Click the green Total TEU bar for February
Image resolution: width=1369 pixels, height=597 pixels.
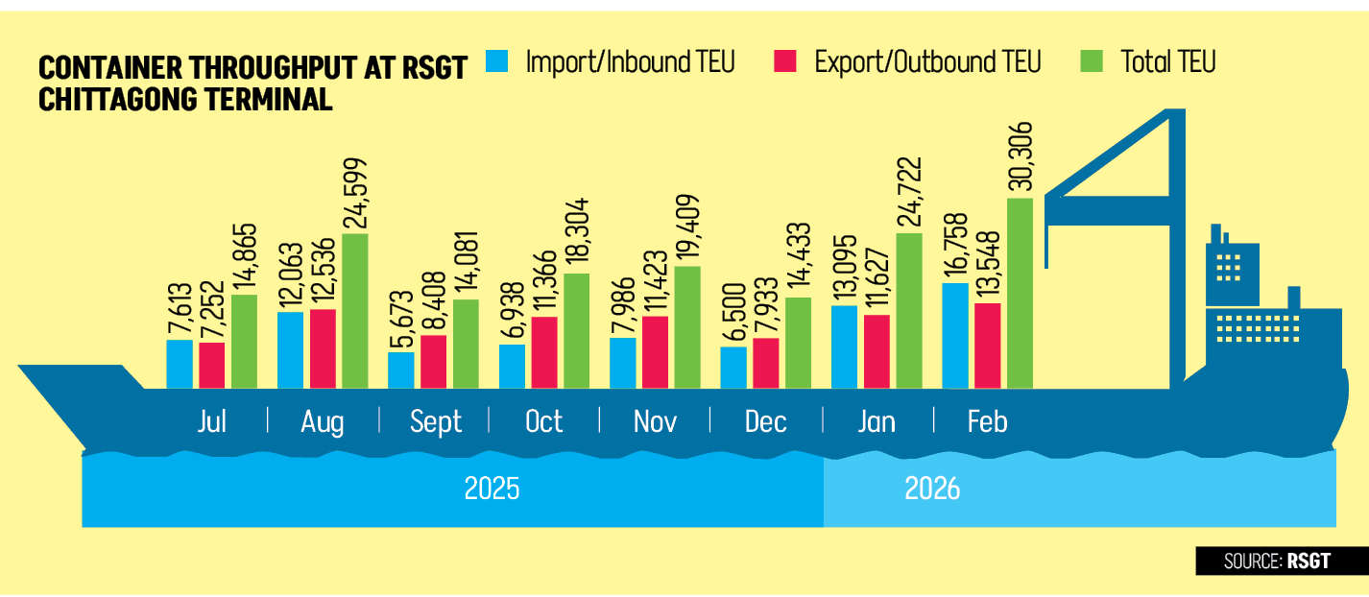click(1019, 294)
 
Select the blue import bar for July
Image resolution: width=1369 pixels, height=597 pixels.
click(180, 365)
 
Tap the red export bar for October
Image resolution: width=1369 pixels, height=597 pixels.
click(544, 352)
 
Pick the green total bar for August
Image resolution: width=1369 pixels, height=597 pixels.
click(354, 311)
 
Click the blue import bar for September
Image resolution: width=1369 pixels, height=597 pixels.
click(401, 370)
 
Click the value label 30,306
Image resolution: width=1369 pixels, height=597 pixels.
click(1020, 158)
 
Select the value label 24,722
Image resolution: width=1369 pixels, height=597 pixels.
click(909, 193)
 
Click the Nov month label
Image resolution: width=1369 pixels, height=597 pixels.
click(655, 421)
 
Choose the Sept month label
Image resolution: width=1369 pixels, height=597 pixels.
click(436, 421)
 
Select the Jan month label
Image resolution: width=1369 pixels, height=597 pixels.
click(877, 421)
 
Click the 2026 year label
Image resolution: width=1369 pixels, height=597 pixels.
click(932, 489)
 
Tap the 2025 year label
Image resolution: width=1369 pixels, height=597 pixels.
click(492, 489)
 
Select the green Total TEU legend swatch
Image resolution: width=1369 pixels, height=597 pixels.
click(1093, 61)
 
